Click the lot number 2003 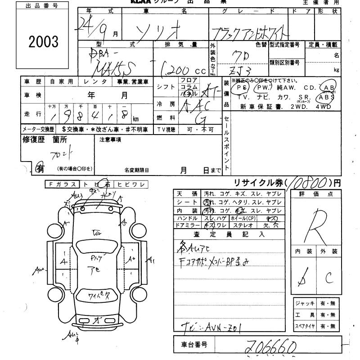pyautogui.click(x=43, y=41)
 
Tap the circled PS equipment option pyautogui.click(x=243, y=88)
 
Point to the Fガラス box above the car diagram pyautogui.click(x=62, y=184)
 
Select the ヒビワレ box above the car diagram pyautogui.click(x=130, y=184)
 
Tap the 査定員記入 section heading pyautogui.click(x=229, y=234)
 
